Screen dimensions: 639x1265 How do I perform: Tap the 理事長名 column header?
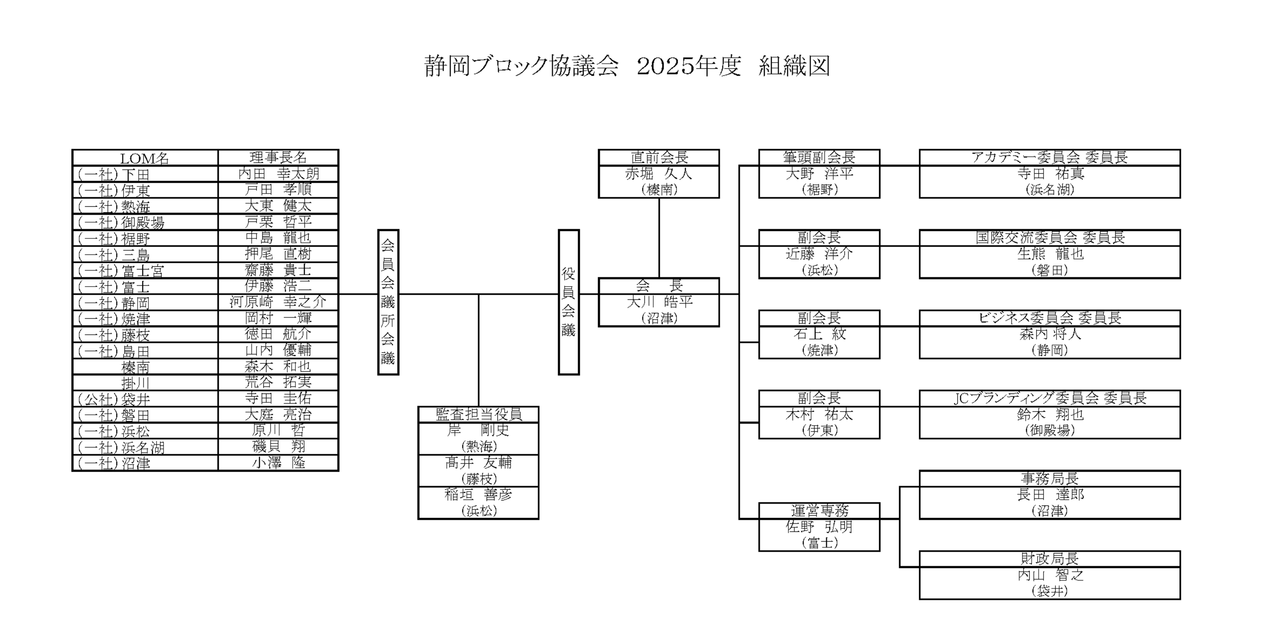click(278, 158)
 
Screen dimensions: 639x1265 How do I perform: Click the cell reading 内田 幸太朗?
click(278, 174)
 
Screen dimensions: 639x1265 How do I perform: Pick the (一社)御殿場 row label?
click(121, 222)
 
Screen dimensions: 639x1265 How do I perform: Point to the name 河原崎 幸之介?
click(278, 302)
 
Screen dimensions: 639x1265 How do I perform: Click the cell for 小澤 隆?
click(278, 463)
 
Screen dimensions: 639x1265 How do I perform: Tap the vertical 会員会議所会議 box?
click(388, 302)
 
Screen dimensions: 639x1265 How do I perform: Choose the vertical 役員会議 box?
click(569, 302)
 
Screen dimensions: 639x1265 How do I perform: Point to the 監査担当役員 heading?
click(478, 414)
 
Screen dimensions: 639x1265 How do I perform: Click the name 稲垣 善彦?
click(478, 495)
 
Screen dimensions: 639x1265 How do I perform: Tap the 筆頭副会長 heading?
click(819, 158)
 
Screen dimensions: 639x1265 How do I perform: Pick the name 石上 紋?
click(819, 334)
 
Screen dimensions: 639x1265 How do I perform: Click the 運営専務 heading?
click(819, 511)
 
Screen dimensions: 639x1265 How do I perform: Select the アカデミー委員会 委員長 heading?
click(1049, 158)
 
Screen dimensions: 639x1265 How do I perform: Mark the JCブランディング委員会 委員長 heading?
click(1049, 398)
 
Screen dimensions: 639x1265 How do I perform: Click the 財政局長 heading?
click(1049, 558)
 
